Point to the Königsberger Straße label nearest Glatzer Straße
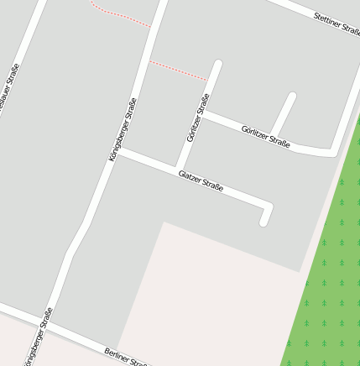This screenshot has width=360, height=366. [123, 129]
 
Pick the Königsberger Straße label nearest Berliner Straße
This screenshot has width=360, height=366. [38, 336]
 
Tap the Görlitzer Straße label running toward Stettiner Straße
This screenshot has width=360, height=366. [265, 136]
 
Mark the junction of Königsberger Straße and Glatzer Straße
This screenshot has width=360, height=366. [117, 152]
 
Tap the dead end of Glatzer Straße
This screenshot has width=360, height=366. [263, 222]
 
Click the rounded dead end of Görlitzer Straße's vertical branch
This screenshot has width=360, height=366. [218, 64]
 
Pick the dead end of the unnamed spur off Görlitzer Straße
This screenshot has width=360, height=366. [292, 96]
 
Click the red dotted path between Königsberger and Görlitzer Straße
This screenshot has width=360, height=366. [178, 71]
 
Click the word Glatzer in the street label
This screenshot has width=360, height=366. [190, 177]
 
